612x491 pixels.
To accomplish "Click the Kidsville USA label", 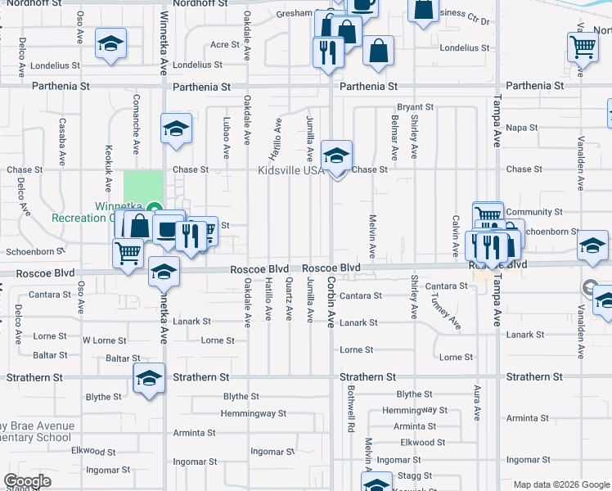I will coord(290,170).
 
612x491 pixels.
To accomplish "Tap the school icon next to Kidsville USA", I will coord(336,155).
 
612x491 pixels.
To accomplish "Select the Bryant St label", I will coord(415,107).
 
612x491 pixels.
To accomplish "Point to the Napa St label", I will coord(522,128).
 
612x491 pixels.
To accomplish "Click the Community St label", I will coord(534,212).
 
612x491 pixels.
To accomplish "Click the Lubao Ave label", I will coord(226,137).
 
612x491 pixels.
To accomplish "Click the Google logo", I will coord(28,481).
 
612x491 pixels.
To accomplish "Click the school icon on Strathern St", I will coord(149,379).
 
